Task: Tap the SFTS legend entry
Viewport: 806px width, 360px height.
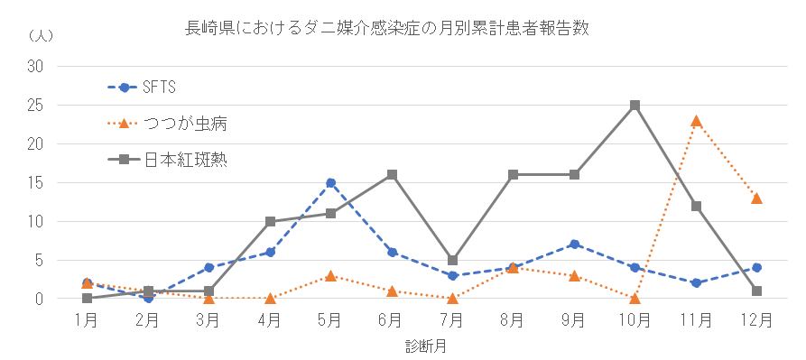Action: [159, 88]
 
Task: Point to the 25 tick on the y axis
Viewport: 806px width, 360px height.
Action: [36, 106]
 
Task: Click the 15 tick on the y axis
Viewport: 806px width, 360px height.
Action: [36, 183]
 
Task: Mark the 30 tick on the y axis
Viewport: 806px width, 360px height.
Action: [36, 67]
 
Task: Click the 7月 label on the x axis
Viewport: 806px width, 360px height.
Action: [452, 319]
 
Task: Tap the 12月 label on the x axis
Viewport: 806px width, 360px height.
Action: [756, 319]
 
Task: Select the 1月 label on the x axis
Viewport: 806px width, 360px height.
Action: [87, 319]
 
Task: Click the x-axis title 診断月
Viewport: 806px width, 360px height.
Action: [422, 346]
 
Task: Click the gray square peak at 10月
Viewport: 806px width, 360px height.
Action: [635, 106]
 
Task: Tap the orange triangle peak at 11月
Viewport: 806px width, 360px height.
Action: [696, 121]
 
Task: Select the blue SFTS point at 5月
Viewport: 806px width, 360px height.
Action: [330, 183]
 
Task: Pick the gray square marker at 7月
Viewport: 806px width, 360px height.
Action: [452, 260]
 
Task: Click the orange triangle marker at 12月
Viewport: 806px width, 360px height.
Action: [756, 198]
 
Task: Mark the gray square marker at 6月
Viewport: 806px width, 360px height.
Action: [392, 175]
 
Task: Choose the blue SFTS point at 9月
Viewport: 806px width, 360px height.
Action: [574, 245]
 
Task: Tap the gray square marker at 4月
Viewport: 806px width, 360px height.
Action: [270, 221]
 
